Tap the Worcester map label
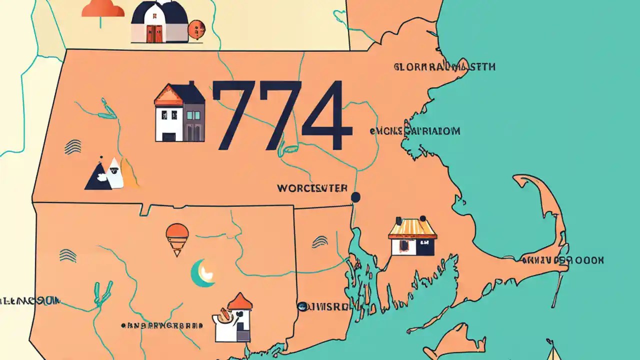pyautogui.click(x=312, y=188)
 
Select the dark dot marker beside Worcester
pyautogui.click(x=356, y=197)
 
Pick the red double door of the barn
pyautogui.click(x=154, y=33)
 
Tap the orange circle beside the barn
pyautogui.click(x=194, y=29)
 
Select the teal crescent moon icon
pyautogui.click(x=202, y=273)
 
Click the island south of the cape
pyautogui.click(x=459, y=339)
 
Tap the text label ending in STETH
pyautogui.click(x=444, y=66)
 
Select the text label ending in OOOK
pyautogui.click(x=562, y=260)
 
